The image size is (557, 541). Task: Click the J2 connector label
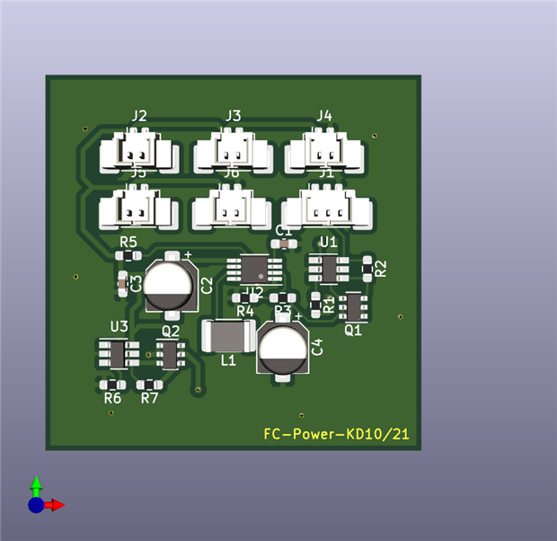(x=139, y=116)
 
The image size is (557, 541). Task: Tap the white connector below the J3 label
(x=233, y=152)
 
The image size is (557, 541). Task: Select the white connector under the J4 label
(x=325, y=152)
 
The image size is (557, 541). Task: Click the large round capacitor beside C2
(x=169, y=285)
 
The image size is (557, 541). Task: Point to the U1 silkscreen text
(x=329, y=242)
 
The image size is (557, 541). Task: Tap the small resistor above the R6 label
(x=111, y=385)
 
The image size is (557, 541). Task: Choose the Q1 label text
(x=353, y=330)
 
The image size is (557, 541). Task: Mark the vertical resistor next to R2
(x=367, y=267)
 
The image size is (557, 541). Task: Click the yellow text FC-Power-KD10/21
(x=337, y=434)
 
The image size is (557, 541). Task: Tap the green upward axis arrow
(x=36, y=485)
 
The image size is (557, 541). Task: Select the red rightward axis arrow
(x=56, y=505)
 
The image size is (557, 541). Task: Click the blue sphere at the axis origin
(x=36, y=505)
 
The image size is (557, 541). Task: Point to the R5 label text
(x=128, y=243)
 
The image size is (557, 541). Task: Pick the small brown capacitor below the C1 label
(x=284, y=243)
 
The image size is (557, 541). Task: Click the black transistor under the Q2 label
(x=169, y=354)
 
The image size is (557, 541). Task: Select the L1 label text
(x=228, y=360)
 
